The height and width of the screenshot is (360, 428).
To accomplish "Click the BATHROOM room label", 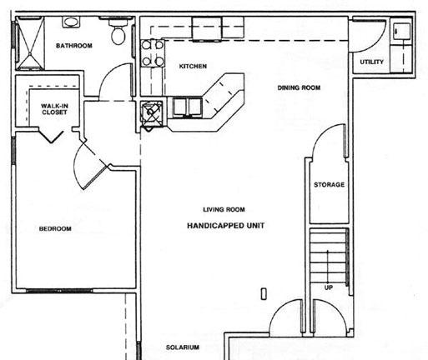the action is tap(74, 46).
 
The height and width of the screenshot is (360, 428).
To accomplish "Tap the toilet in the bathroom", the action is tap(118, 32).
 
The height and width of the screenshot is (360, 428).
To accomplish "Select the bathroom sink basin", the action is tap(71, 22).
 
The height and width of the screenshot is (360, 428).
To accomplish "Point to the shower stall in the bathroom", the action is tap(30, 42).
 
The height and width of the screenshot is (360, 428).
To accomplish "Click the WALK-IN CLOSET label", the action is tap(54, 109).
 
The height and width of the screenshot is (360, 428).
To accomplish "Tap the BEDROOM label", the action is tap(55, 229).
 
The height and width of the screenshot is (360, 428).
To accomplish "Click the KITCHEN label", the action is tap(193, 66).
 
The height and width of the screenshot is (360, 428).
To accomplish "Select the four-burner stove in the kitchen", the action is tap(153, 53).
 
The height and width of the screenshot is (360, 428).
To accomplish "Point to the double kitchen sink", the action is tap(188, 107).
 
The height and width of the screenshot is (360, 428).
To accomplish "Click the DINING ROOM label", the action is tap(299, 87).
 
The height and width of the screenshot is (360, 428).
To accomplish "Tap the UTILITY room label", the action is tap(372, 62).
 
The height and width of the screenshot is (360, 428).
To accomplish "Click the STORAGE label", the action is tap(329, 185).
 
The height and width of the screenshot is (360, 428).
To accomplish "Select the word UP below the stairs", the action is tap(329, 287).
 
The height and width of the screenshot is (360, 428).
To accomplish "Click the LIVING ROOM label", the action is tap(224, 209).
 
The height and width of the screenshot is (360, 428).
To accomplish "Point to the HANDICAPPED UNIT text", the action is tap(226, 226).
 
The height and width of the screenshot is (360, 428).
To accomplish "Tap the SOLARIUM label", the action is tap(183, 347).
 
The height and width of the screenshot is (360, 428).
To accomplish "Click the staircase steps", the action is tap(329, 256).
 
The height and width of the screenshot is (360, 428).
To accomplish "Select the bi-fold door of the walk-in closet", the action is tap(51, 135).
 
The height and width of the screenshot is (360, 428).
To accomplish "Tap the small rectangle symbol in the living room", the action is tap(264, 294).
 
